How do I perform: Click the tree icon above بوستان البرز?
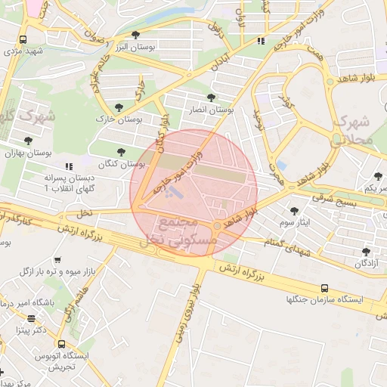pos(135,35)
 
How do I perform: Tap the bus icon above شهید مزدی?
pos(23,40)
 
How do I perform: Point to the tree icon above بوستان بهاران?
pos(28,140)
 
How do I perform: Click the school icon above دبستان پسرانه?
pos(68,166)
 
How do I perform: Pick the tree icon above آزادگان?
pos(367,251)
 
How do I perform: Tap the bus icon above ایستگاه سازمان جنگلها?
pos(324,288)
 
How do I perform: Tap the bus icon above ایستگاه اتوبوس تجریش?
pos(61,342)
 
